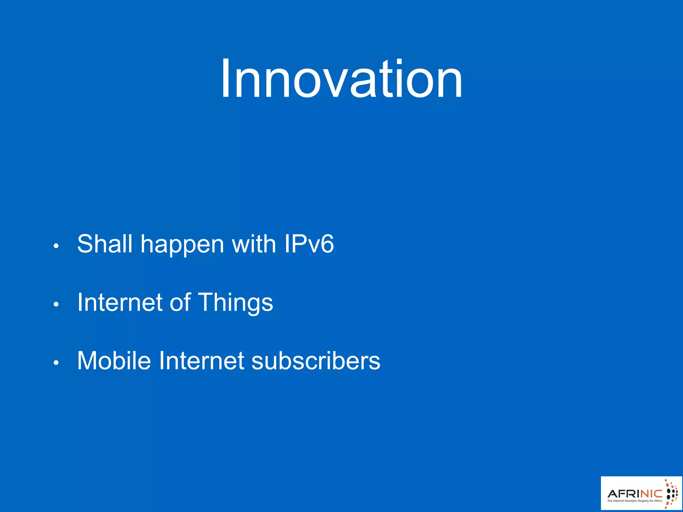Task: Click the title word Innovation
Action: tap(341, 79)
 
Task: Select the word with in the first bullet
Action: tap(253, 244)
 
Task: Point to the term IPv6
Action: tap(309, 244)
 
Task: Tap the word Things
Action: tap(235, 303)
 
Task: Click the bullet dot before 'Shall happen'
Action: tap(56, 246)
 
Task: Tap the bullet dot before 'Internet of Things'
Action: tap(56, 304)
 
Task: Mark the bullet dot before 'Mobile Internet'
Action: tap(56, 363)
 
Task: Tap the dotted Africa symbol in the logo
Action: tap(671, 494)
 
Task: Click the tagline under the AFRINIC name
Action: tap(634, 501)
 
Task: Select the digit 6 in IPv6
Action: tap(327, 244)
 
